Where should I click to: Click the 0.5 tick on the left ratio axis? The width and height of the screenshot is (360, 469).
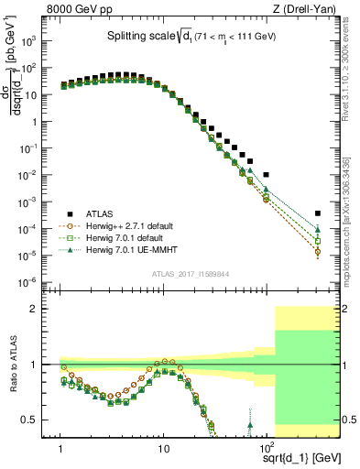43,420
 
